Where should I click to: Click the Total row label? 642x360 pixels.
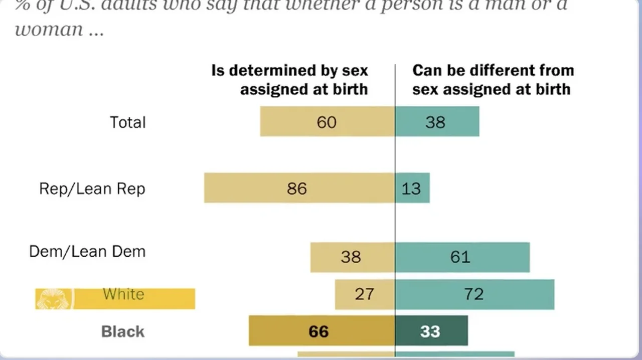(x=127, y=122)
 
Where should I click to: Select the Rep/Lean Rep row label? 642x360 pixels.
(x=92, y=189)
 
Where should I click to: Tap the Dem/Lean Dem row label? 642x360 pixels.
(x=87, y=251)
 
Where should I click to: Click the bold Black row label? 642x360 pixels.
(x=123, y=331)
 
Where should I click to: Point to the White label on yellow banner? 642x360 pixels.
(x=123, y=294)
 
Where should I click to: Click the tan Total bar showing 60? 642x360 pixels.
(x=327, y=122)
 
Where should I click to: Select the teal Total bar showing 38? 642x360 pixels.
(x=437, y=122)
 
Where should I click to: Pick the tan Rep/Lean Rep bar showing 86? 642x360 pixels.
(x=299, y=188)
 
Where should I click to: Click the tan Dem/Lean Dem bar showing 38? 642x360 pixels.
(x=352, y=257)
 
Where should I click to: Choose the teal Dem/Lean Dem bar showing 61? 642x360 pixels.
(x=462, y=257)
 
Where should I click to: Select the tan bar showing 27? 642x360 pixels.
(x=365, y=294)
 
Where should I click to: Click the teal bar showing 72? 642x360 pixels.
(x=474, y=294)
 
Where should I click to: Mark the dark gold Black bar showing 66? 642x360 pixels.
(x=322, y=331)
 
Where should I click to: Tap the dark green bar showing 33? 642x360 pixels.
(x=431, y=331)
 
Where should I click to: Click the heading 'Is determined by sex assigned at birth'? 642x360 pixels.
(x=290, y=80)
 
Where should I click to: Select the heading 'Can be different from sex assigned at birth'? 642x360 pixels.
(x=493, y=80)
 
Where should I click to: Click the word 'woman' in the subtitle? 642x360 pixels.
(x=49, y=30)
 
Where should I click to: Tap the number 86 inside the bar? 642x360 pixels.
(x=296, y=189)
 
